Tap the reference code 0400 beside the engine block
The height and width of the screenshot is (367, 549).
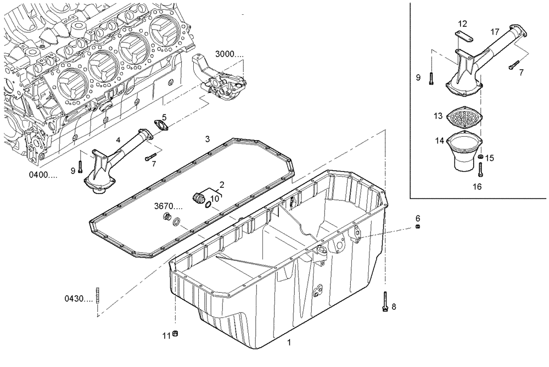click(x=42, y=175)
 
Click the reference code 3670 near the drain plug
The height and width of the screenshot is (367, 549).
click(x=167, y=207)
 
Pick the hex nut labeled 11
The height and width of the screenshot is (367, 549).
click(x=176, y=333)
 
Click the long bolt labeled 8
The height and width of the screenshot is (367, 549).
click(x=385, y=302)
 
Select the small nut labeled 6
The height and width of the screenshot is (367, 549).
click(x=418, y=227)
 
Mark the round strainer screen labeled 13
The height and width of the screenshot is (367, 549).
click(x=464, y=117)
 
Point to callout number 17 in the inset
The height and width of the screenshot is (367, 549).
click(x=495, y=32)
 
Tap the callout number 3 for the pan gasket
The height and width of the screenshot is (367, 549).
click(x=207, y=139)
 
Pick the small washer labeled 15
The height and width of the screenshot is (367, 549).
click(x=480, y=158)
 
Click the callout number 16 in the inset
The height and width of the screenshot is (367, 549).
click(x=477, y=187)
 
